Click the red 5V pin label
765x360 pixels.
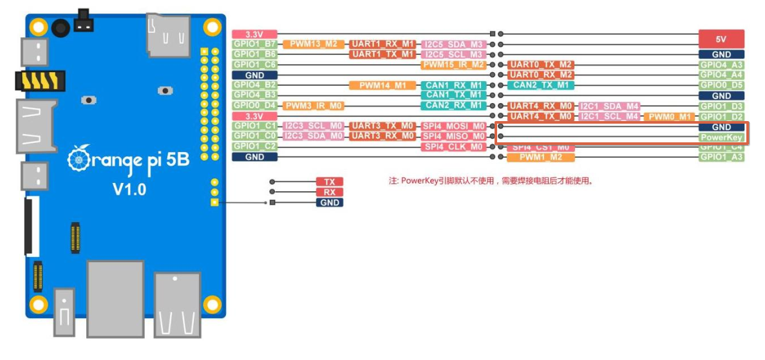721,39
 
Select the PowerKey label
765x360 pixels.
721,137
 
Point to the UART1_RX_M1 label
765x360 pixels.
382,44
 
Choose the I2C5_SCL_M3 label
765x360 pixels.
453,55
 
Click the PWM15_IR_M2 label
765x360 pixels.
453,65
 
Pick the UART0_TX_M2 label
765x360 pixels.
540,65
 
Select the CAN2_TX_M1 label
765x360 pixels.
540,85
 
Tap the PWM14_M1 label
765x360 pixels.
382,85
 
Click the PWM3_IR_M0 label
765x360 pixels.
313,106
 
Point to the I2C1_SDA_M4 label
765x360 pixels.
609,106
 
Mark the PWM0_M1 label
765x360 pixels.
669,116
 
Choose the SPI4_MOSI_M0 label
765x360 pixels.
453,126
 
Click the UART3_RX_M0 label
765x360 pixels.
382,137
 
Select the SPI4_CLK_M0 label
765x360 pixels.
453,147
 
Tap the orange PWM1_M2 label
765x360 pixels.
540,157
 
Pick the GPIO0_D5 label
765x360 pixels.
721,85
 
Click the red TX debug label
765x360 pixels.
329,182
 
